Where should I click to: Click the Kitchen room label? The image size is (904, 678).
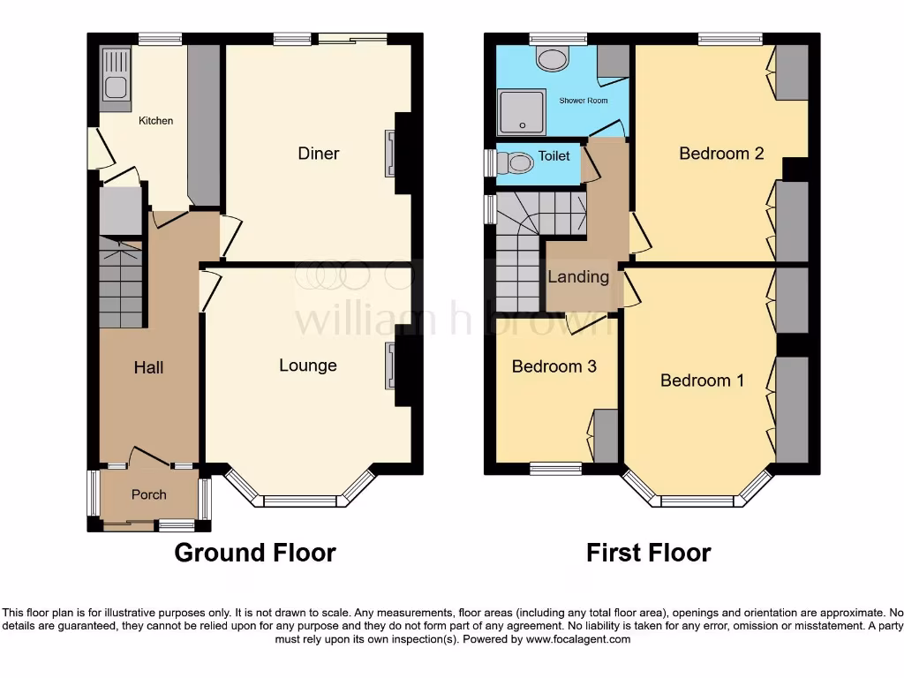155,121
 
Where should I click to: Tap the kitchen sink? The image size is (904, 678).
116,73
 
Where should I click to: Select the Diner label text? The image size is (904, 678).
318,154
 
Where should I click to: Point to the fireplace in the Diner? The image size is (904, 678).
389,153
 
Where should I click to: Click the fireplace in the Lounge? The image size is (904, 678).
389,365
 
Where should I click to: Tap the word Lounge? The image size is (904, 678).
307,365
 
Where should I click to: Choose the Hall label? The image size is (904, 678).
148,367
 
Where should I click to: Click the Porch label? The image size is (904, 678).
148,494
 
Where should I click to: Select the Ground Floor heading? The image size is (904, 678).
254,554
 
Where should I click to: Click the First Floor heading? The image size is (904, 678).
648,554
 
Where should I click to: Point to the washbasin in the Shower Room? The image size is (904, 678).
554,60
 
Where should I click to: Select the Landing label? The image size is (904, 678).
578,276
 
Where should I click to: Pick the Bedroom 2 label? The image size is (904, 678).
720,154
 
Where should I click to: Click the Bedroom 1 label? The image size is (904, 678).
702,380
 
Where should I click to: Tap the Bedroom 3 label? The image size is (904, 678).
554,365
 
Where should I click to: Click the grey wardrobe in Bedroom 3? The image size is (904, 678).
606,436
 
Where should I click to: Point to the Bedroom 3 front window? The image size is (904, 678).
555,468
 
